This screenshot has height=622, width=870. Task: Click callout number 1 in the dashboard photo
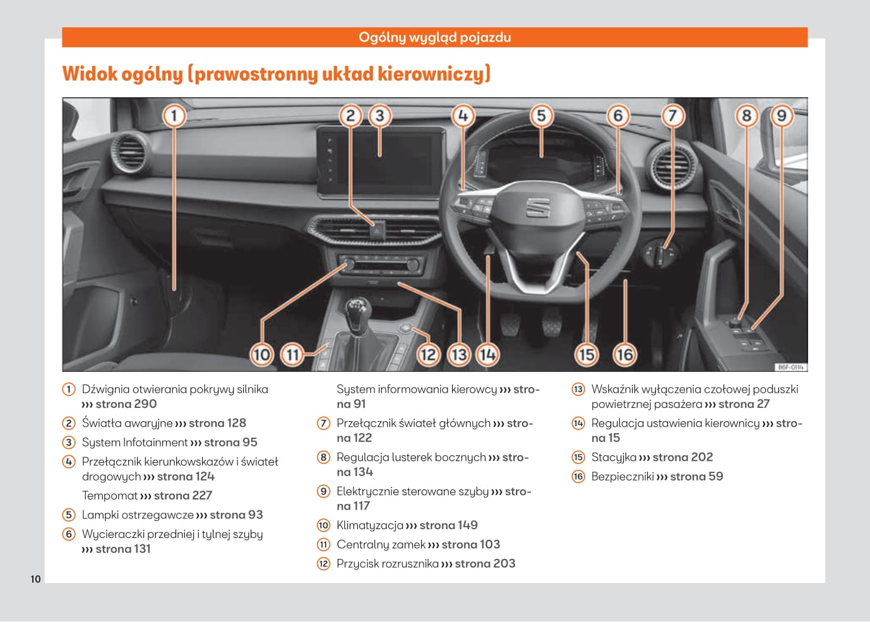(x=174, y=116)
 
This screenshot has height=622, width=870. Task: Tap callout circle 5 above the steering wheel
(x=541, y=116)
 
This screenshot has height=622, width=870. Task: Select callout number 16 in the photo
(x=624, y=354)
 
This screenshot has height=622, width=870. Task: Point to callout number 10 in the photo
(x=261, y=354)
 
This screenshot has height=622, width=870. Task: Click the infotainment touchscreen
(x=379, y=158)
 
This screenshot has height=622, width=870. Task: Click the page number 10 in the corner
(x=35, y=579)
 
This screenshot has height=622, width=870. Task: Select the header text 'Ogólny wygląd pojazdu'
(x=434, y=37)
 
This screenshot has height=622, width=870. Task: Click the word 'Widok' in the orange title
(x=90, y=74)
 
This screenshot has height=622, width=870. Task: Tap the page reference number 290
(x=145, y=404)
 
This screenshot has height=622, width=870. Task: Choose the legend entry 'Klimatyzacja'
(x=369, y=525)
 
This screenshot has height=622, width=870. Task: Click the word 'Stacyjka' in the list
(x=614, y=457)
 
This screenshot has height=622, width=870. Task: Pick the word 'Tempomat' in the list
(x=109, y=496)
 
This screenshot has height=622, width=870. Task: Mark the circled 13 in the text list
(x=578, y=390)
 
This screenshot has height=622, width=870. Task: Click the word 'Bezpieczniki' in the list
(x=622, y=477)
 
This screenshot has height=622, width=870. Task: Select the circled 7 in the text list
(x=323, y=424)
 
